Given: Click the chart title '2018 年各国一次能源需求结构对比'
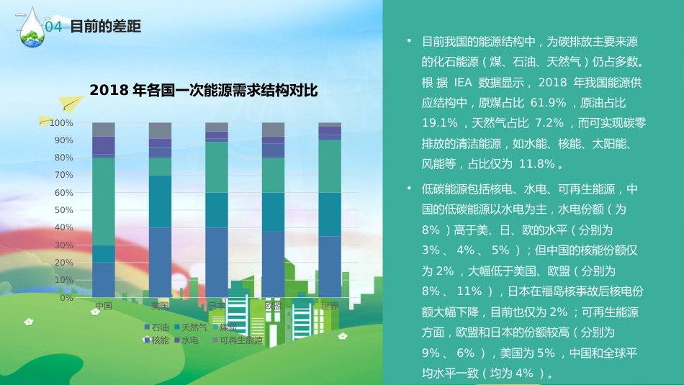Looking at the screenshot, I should [x=203, y=90].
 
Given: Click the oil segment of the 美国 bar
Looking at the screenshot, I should [x=160, y=262].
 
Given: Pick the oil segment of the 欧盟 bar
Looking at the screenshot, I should [x=273, y=263].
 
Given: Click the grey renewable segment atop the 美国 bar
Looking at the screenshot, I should [x=160, y=130].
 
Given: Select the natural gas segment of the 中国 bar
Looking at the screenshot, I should [x=104, y=253].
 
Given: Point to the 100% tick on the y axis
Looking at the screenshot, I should [x=61, y=123].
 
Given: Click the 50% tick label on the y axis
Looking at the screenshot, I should [x=63, y=210].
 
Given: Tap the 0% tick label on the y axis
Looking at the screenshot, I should [x=66, y=297].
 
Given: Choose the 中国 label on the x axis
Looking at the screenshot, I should [x=104, y=306].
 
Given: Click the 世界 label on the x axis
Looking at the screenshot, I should [x=330, y=306].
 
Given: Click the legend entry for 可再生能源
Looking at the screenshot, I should [x=240, y=340].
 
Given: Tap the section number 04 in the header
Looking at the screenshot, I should [x=54, y=27].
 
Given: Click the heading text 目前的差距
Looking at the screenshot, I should [x=104, y=27].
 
